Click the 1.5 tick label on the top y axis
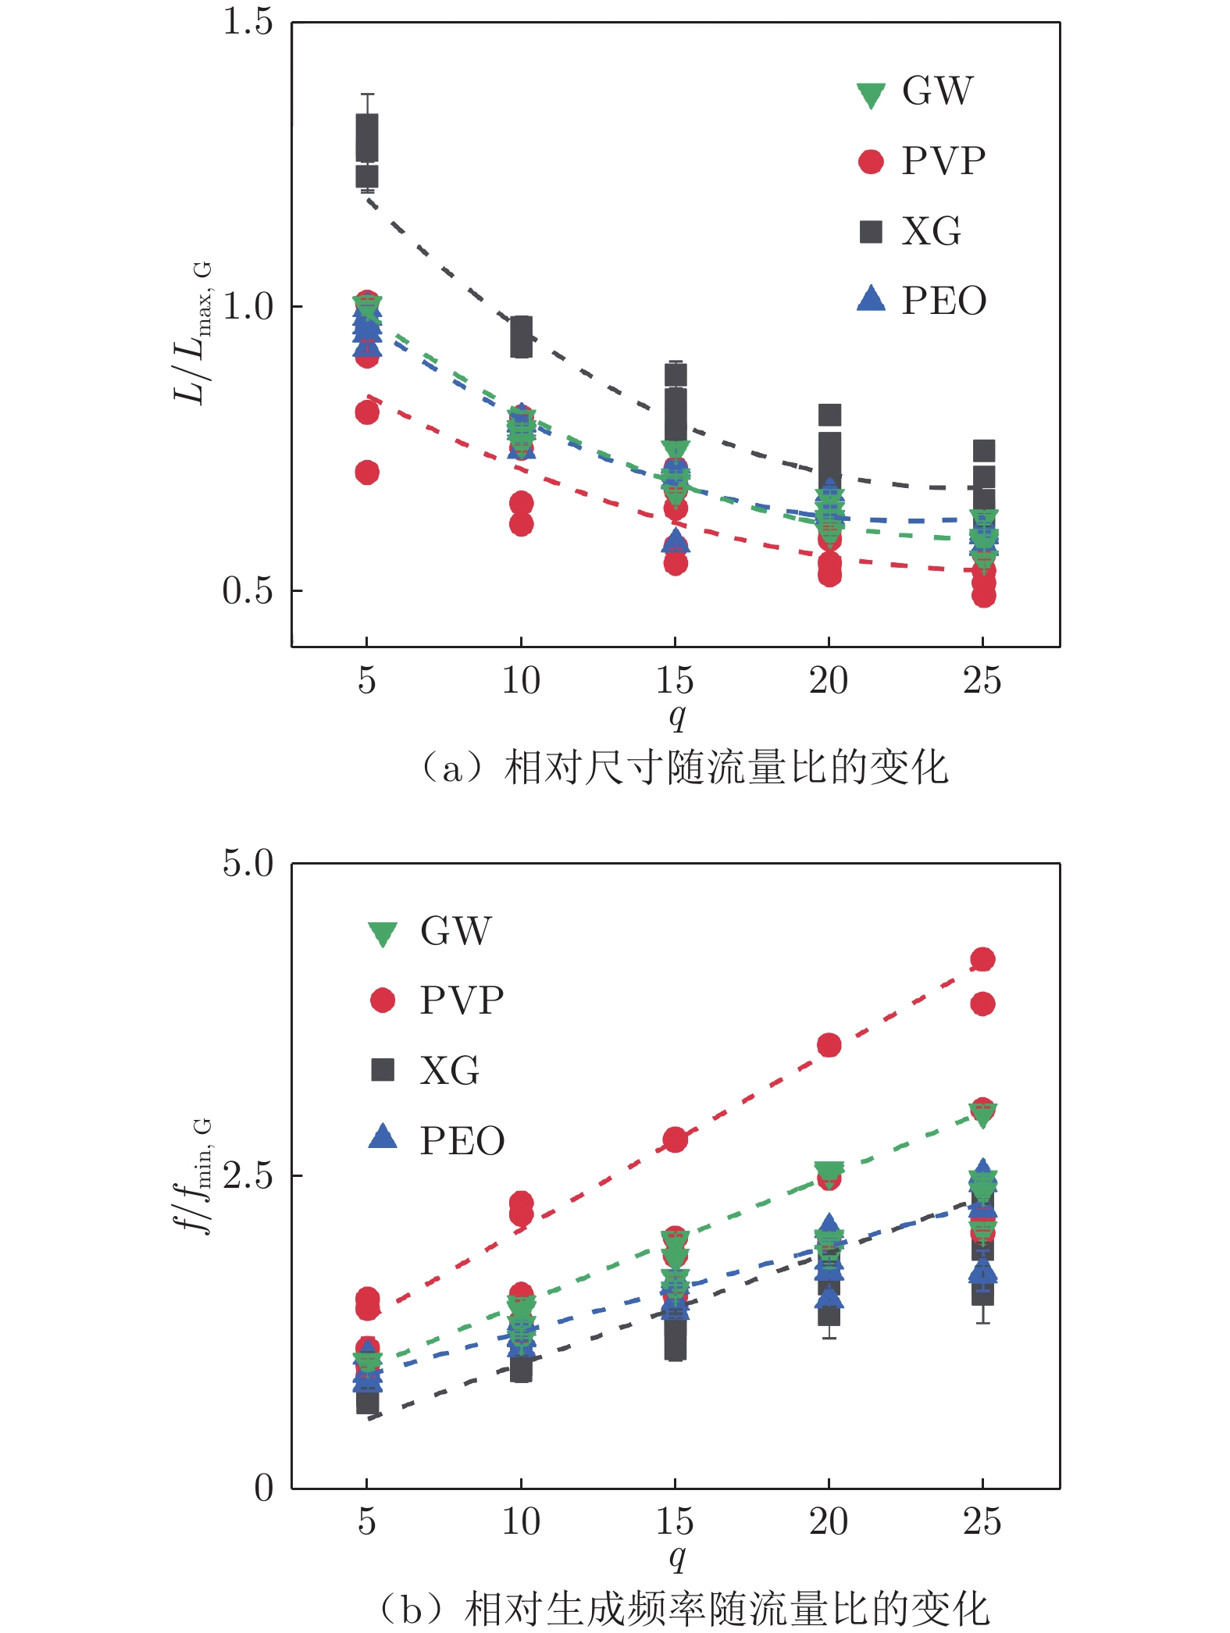coord(248,22)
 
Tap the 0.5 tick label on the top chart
coord(248,590)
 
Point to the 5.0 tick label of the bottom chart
coord(248,864)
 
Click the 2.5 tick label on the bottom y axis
coord(248,1175)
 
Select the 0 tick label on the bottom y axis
coord(264,1488)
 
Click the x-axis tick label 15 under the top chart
coord(675,681)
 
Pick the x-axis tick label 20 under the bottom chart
coord(829,1521)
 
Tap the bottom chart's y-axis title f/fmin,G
coord(192,1176)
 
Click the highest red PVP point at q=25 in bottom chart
coord(982,960)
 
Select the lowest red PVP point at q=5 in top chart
coord(367,472)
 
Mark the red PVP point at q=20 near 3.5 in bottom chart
coord(829,1045)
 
